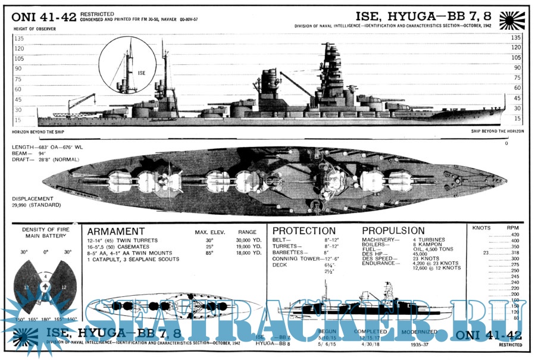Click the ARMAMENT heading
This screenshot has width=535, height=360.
tap(116, 231)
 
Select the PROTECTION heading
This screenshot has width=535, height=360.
tap(304, 230)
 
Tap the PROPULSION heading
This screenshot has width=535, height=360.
tap(393, 230)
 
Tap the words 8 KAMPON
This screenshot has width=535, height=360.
tap(427, 244)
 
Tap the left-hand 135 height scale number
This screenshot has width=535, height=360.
tap(18, 37)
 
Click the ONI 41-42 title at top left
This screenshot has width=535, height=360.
tap(43, 17)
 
